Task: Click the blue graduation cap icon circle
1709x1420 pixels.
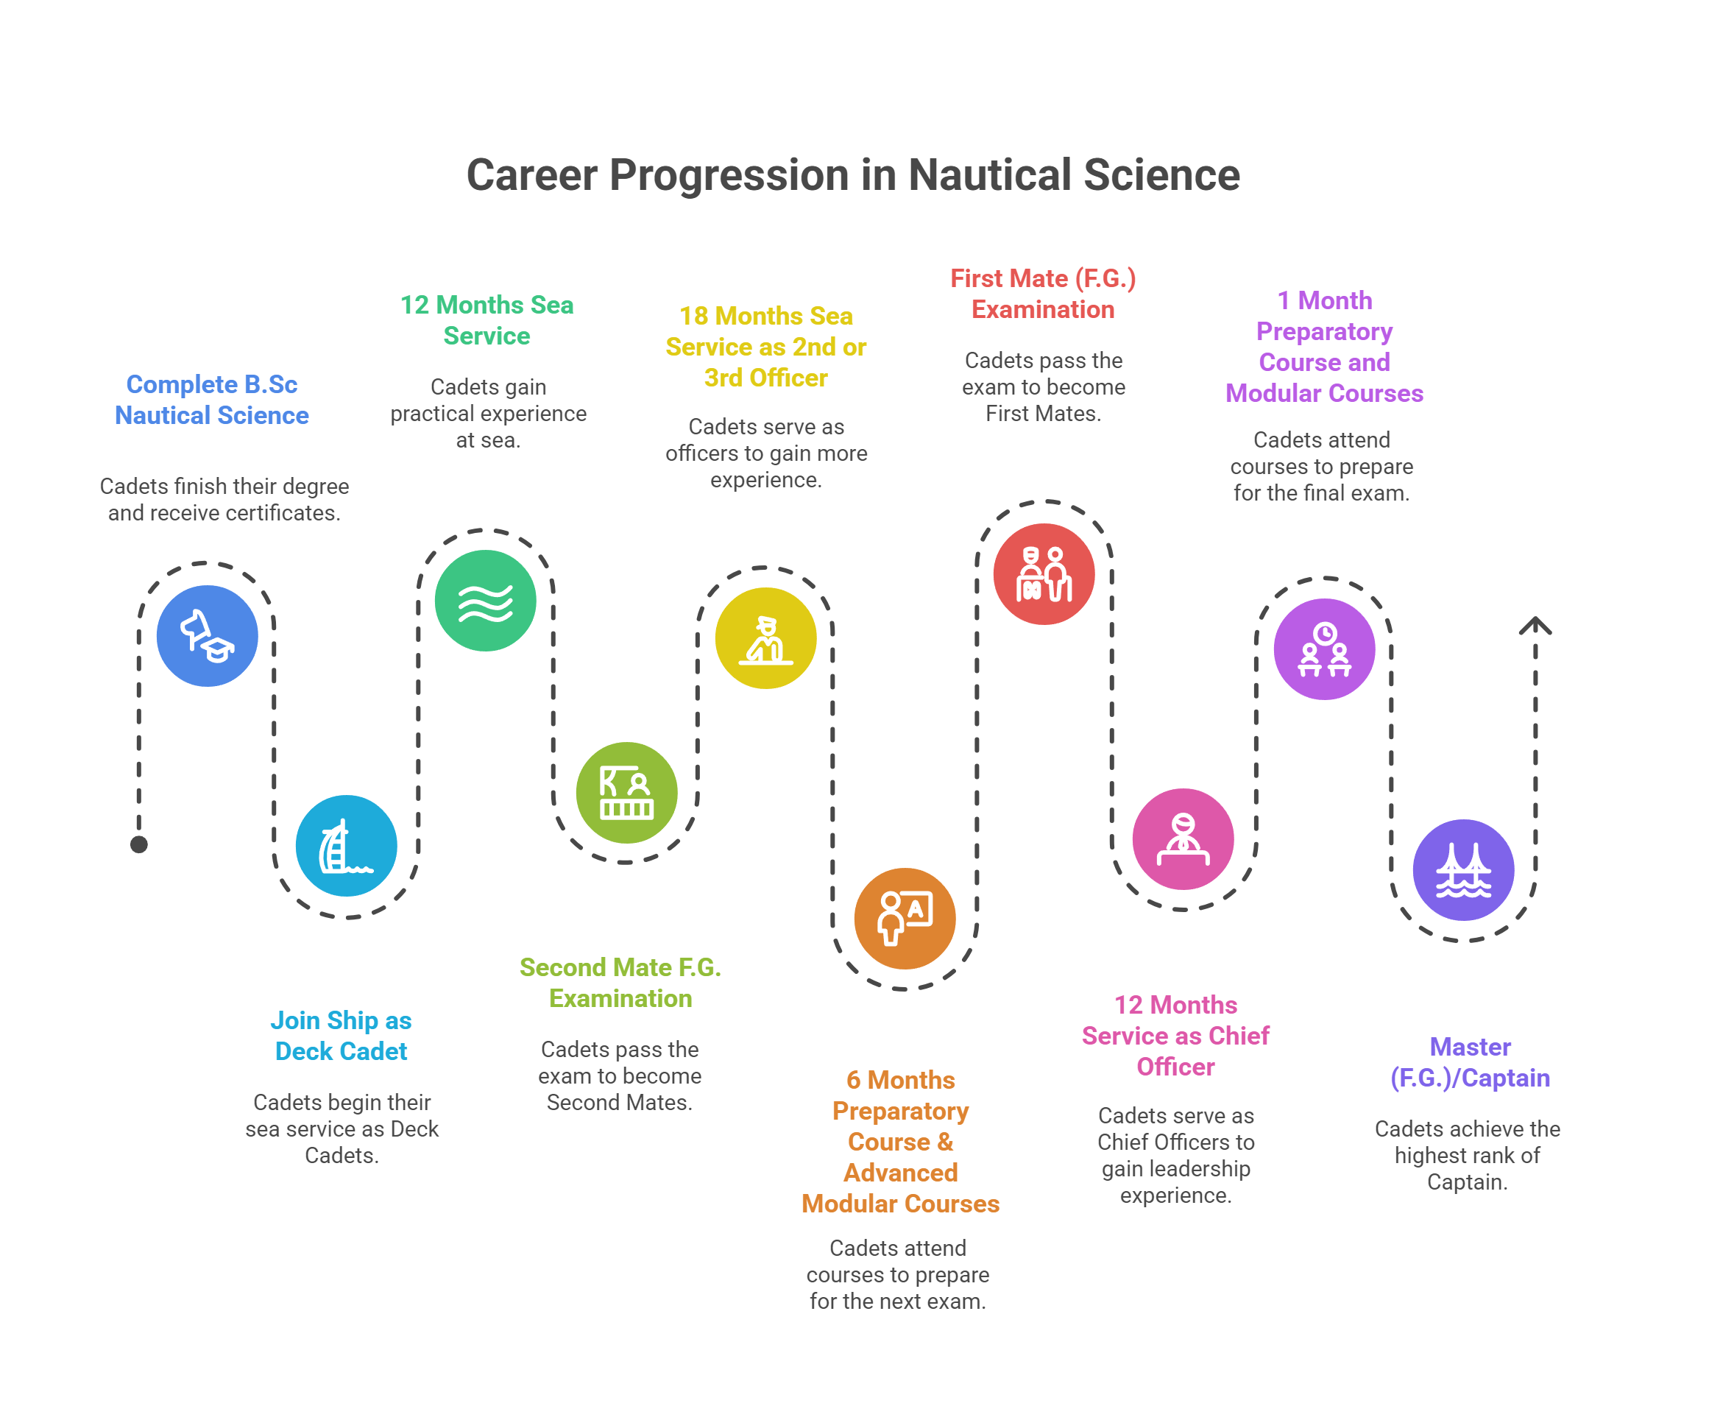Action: [x=207, y=635]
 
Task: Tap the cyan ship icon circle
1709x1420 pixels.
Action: [x=346, y=846]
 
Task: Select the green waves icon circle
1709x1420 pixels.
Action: [x=486, y=601]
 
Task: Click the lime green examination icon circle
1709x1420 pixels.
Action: [x=626, y=792]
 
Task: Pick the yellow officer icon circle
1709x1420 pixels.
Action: [x=765, y=638]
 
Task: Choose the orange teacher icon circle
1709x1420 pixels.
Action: [x=905, y=918]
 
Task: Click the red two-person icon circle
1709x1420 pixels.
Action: [x=1044, y=573]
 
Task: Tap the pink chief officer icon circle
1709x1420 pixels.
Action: [x=1183, y=838]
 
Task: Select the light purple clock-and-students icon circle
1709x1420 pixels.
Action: [x=1324, y=649]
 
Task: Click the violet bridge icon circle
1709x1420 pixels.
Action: [x=1463, y=869]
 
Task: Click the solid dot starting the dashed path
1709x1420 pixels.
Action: [x=139, y=844]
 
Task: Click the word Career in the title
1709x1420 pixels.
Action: [x=531, y=175]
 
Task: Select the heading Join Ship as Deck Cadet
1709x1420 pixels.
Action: [x=341, y=1035]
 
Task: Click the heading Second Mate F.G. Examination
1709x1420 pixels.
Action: [x=620, y=982]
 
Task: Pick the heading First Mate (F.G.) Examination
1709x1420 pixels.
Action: [x=1044, y=294]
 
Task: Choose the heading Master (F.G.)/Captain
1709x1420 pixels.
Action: [x=1470, y=1062]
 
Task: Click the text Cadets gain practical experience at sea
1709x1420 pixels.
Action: [x=488, y=414]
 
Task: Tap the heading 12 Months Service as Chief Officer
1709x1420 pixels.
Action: [x=1175, y=1035]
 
